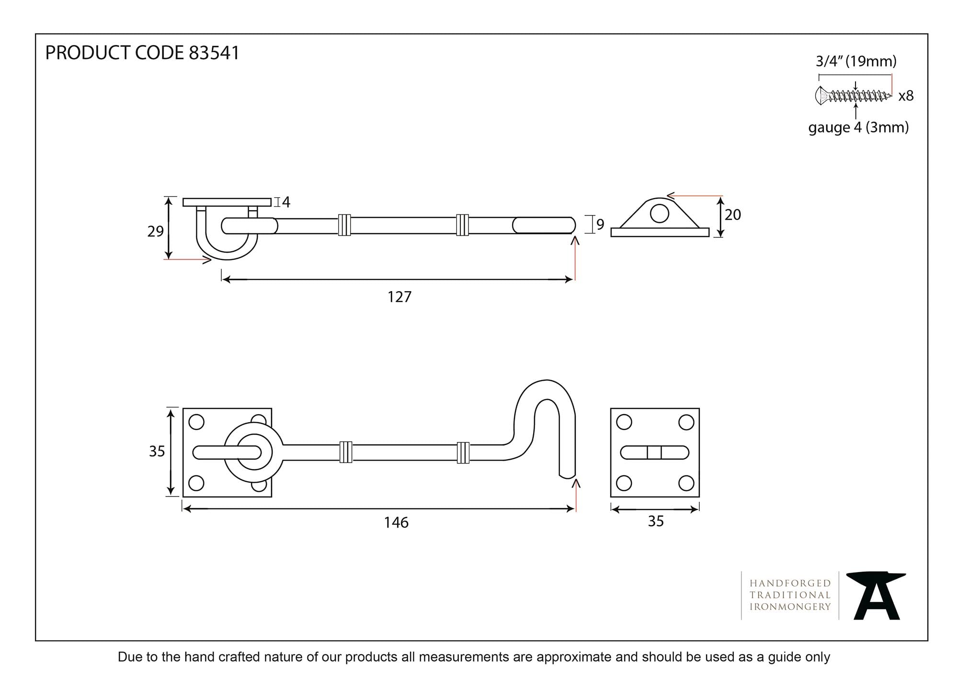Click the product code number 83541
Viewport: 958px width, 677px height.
tap(214, 53)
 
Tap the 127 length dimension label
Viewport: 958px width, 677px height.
tap(399, 297)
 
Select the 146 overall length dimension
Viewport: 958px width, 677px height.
tap(396, 522)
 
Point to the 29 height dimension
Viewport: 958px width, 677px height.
tap(156, 231)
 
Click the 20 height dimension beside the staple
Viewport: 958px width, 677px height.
tap(733, 214)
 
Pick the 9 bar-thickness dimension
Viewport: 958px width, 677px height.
tap(600, 224)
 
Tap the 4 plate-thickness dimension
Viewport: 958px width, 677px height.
tap(286, 202)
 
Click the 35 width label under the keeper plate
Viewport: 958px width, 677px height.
tap(656, 521)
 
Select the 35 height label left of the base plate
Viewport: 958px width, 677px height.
tap(157, 451)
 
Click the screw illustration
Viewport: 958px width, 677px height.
tap(853, 96)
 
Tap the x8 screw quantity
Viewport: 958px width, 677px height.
tap(906, 96)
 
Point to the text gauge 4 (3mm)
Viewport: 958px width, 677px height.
tap(858, 127)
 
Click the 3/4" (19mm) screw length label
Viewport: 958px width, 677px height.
tap(856, 61)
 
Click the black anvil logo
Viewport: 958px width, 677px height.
tap(876, 595)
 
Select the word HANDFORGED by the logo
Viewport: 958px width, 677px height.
tap(790, 583)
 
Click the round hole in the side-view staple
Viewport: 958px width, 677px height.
tap(660, 214)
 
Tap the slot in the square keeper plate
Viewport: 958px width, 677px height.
tap(655, 452)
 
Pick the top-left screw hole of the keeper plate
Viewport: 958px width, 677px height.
tap(624, 422)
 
